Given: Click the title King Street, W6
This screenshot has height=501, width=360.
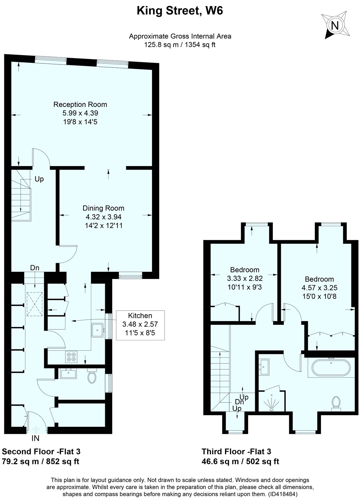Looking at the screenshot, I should [180, 11].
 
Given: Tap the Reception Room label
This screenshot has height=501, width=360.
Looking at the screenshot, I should [80, 105].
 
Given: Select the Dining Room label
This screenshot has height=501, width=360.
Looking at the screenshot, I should [104, 208].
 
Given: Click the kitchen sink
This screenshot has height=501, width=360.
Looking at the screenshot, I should [97, 330].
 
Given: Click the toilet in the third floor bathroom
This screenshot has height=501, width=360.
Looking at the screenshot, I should [336, 403].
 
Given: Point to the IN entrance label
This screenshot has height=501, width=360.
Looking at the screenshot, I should [35, 438].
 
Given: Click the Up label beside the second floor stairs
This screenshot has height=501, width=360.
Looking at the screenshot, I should [39, 179].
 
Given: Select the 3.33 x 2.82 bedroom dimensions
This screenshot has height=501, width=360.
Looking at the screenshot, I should [245, 278].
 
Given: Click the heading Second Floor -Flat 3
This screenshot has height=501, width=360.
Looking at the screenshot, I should [41, 452].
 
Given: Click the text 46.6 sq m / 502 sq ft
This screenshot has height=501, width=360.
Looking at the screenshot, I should [240, 462].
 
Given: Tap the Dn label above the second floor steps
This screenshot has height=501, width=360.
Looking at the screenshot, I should [35, 268].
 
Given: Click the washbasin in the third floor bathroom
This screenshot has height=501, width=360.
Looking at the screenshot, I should [265, 367].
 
